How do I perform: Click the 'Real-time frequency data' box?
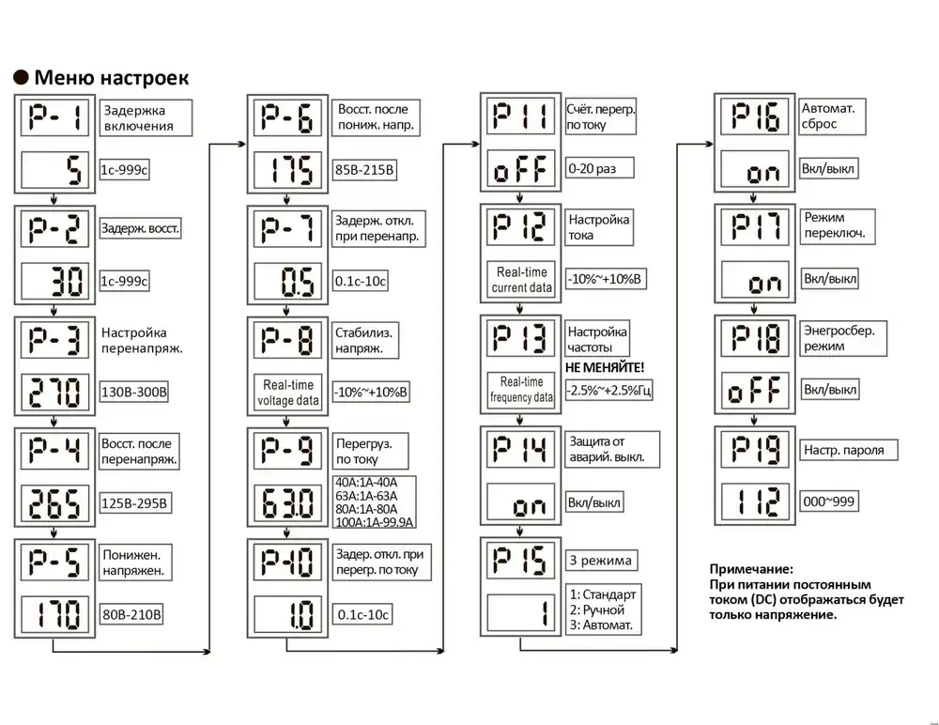coord(522,390)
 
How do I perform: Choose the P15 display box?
coord(522,560)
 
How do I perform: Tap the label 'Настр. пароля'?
coord(843,450)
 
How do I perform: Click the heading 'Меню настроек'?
coord(112,76)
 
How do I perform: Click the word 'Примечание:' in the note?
coord(752,568)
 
